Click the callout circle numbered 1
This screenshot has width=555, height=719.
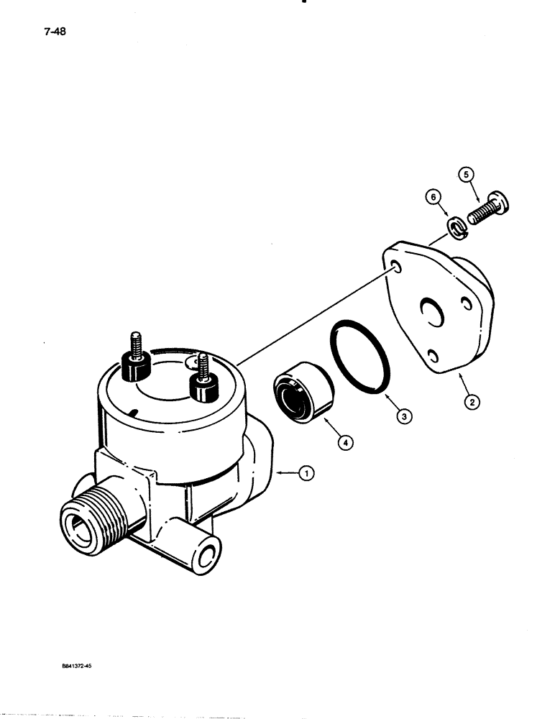pos(307,473)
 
